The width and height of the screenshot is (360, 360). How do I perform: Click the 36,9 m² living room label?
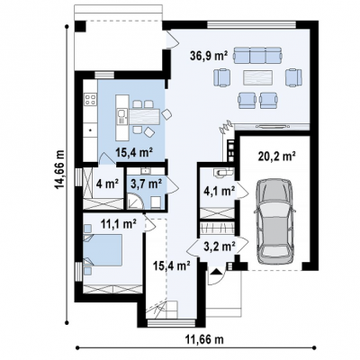tap(209, 56)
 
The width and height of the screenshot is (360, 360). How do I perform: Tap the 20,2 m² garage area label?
tap(277, 156)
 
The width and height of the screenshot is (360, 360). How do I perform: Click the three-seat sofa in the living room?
tap(258, 55)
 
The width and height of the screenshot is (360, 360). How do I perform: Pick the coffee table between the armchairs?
tap(258, 78)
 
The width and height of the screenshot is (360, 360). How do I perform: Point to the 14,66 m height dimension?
tap(59, 169)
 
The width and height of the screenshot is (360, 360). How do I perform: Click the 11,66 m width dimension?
tap(204, 339)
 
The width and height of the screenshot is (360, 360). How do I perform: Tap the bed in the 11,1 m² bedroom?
tap(103, 249)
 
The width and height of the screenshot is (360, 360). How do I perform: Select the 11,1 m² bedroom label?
tap(119, 223)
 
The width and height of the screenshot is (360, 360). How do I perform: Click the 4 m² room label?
tap(107, 184)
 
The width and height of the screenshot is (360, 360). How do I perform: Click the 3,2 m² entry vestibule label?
tap(219, 247)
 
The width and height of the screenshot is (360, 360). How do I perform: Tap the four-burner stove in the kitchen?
tap(90, 99)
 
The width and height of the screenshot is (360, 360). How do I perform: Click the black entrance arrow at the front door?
tap(216, 272)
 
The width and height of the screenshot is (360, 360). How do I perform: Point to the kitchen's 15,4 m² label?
tap(135, 153)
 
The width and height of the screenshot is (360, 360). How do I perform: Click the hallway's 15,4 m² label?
tap(172, 265)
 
